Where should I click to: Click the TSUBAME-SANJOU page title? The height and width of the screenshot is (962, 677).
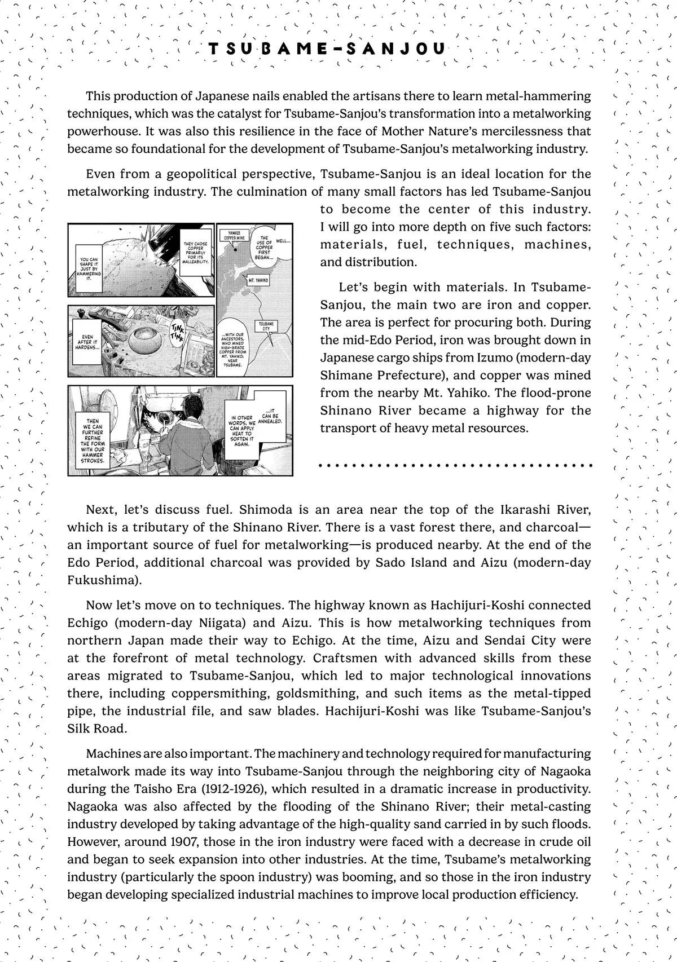pos(327,50)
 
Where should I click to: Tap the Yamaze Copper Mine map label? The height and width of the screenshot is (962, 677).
pos(234,235)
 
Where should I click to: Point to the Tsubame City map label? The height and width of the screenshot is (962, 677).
pos(266,327)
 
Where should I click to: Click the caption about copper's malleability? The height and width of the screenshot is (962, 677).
pos(196,253)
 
